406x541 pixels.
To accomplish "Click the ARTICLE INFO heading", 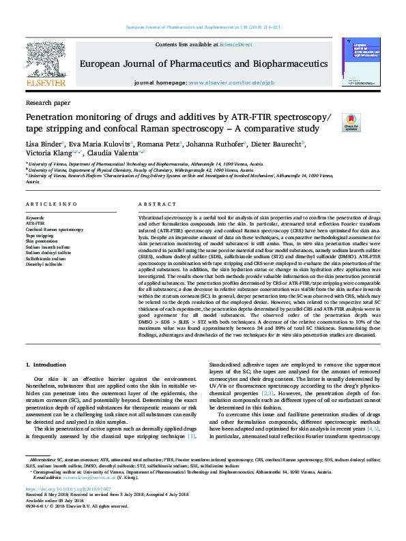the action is coord(51,204).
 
